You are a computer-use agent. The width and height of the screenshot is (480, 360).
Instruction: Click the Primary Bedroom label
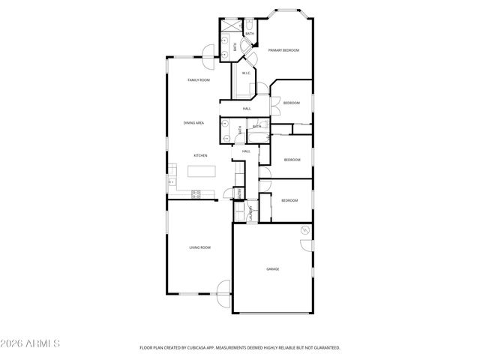pos(283,50)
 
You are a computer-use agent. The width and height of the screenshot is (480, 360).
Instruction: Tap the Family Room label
pos(198,79)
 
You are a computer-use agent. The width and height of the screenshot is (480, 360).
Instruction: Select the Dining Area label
pos(193,122)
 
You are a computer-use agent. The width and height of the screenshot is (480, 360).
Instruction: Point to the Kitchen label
pos(200,155)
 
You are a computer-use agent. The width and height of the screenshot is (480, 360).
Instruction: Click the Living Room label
pos(199,247)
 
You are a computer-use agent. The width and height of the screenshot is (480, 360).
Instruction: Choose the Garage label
pos(272,268)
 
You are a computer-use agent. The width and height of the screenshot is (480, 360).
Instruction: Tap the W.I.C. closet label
pos(245,73)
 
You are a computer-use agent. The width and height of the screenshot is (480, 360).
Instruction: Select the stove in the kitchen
pos(196,194)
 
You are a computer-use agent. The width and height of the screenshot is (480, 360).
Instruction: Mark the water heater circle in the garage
pos(305,229)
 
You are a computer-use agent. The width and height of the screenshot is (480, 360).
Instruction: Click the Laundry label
pos(251,214)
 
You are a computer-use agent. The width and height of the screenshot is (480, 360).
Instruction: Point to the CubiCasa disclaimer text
pos(240,348)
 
